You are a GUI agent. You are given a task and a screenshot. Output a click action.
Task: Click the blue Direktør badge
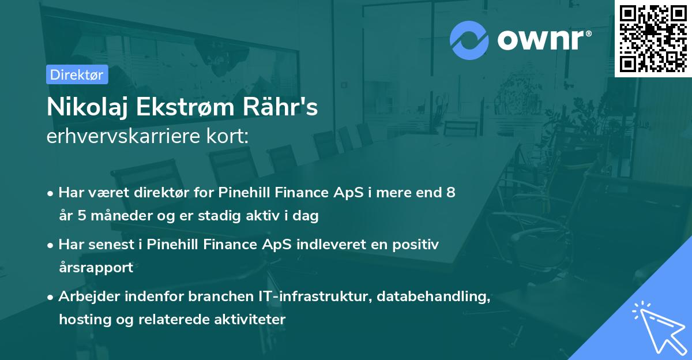[x=77, y=74]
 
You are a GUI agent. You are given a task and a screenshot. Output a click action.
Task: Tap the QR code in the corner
[x=653, y=39]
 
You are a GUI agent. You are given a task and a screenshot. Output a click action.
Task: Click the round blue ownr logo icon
[x=469, y=40]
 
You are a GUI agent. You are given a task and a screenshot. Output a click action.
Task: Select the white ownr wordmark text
[x=544, y=40]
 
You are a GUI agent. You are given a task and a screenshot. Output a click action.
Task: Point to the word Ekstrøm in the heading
[x=185, y=107]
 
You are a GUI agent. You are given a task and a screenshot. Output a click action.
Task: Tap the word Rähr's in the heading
[x=280, y=107]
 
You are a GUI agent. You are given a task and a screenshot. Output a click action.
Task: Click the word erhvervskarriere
[x=123, y=136]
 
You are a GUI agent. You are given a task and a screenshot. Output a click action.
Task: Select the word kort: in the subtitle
[x=228, y=136]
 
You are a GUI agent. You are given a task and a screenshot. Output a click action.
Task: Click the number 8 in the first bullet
[x=451, y=192]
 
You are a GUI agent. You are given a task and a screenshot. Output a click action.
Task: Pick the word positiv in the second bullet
[x=416, y=245]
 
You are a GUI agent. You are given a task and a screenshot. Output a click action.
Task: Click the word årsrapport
[x=96, y=268]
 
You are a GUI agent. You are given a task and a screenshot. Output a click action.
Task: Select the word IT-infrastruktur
[x=315, y=296]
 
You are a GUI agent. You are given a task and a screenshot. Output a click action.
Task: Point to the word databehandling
[x=434, y=297]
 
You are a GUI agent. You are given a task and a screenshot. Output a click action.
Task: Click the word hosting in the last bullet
[x=85, y=319]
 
